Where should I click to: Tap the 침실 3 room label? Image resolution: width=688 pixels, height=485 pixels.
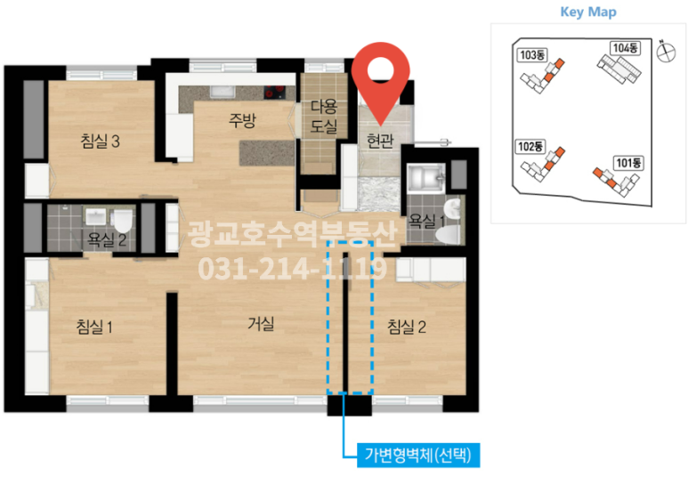coord(100,141)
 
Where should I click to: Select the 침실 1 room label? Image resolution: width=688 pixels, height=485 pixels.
coord(94,327)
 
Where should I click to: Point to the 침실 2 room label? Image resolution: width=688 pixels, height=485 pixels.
coord(407,327)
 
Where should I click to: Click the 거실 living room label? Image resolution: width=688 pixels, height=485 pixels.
coord(261,324)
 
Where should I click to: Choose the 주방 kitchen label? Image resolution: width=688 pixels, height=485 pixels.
coord(242,120)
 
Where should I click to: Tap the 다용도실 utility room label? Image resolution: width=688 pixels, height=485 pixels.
coord(324,117)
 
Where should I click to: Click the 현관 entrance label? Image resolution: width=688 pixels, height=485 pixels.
coord(380,141)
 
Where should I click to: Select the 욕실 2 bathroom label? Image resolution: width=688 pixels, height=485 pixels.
coord(107,239)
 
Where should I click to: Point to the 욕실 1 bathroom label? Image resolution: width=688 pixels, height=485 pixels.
coord(426,220)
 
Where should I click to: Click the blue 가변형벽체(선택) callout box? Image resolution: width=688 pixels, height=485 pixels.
coord(418,455)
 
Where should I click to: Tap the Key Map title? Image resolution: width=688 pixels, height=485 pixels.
coord(588,12)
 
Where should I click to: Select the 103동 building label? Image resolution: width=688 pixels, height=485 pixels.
coord(532,55)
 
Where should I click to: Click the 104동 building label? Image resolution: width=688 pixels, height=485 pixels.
coord(626,48)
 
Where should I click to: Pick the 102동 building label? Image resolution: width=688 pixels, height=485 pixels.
coord(530,146)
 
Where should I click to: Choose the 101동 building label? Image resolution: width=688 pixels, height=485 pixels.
coord(628,163)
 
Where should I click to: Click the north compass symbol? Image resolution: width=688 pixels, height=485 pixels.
coord(666,52)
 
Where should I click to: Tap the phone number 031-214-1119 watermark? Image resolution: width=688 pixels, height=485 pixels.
coord(292,268)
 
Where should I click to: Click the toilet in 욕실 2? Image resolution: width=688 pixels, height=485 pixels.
coord(123,221)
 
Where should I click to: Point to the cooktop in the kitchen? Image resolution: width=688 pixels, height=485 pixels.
coord(274,92)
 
